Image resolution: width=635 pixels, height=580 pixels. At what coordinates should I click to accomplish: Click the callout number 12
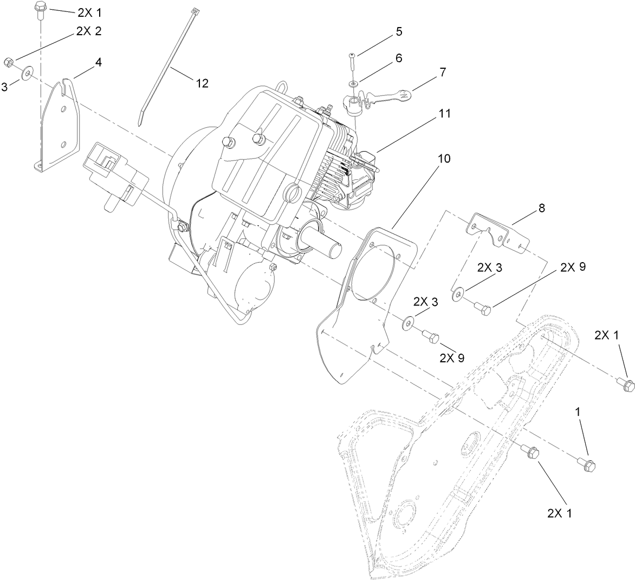click(202, 83)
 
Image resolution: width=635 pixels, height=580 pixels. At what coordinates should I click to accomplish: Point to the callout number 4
click(98, 62)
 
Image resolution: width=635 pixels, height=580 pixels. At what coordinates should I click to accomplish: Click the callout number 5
click(399, 31)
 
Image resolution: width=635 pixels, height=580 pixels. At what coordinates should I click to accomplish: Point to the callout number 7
click(443, 72)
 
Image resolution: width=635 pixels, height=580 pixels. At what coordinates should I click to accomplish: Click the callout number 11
click(445, 114)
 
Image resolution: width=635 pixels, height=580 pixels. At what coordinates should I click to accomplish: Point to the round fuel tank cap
click(293, 192)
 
